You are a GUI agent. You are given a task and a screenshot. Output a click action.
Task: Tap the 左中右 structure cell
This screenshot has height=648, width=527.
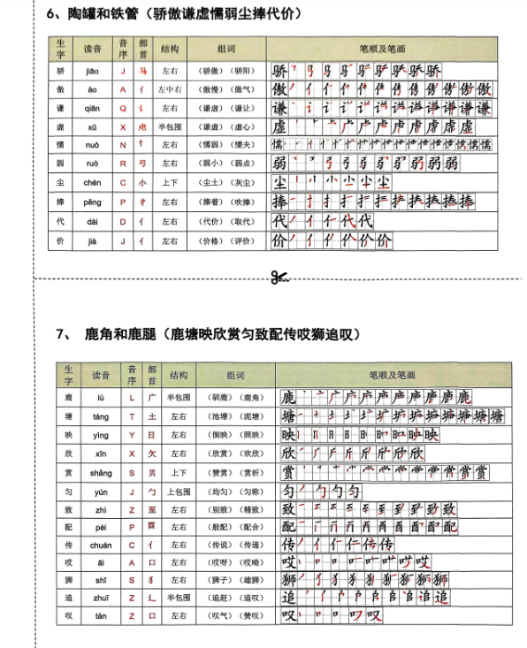[x=170, y=89]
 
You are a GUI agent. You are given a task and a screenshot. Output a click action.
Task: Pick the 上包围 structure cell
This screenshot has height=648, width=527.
[x=179, y=492]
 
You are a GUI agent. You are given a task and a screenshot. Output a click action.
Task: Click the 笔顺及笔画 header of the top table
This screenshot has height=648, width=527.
[x=380, y=46]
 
